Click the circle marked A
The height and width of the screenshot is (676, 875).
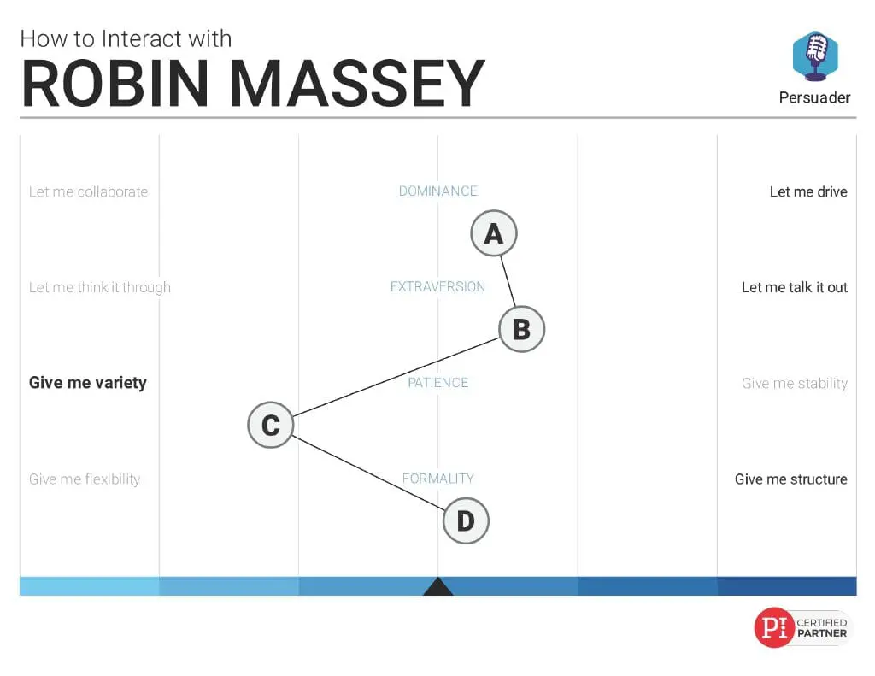494,233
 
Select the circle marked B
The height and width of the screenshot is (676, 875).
522,329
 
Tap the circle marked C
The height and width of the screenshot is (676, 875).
271,426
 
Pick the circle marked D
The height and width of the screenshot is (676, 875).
466,521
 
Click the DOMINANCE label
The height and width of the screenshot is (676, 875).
438,191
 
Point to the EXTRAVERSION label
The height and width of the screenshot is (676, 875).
438,287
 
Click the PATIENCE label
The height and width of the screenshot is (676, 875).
438,383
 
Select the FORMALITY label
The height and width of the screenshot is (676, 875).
438,479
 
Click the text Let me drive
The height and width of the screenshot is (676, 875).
808,192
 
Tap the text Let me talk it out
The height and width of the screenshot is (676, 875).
795,287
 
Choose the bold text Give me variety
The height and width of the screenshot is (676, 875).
88,383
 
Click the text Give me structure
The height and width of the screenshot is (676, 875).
791,479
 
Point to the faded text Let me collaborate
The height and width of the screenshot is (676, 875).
89,192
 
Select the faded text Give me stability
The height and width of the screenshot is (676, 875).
795,384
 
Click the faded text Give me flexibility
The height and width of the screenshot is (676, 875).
85,479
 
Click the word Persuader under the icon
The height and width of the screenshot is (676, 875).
814,97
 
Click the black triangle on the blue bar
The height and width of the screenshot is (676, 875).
438,586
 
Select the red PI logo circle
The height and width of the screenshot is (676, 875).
774,627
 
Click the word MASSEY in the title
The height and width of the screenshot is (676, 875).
357,84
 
